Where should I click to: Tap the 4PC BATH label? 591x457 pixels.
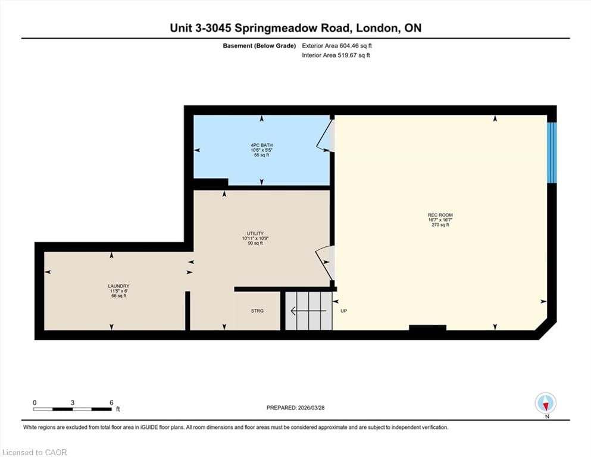(261, 145)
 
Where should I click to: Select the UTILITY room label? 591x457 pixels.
(255, 233)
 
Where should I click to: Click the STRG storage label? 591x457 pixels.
(257, 311)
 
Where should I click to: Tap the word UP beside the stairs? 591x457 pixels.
(343, 311)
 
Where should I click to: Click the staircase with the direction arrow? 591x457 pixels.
(308, 310)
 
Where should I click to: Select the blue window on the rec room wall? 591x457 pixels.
(552, 152)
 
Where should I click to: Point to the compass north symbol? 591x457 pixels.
(546, 403)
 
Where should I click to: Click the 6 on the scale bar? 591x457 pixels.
(111, 402)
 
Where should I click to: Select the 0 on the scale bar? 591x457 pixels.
(35, 402)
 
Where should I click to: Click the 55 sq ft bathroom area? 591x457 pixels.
(261, 155)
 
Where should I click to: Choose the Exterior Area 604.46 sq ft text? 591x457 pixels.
(337, 45)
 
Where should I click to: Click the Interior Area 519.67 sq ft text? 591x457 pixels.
(336, 55)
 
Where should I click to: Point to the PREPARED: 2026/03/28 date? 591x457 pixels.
(296, 408)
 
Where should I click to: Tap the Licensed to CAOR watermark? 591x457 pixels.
(35, 452)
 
